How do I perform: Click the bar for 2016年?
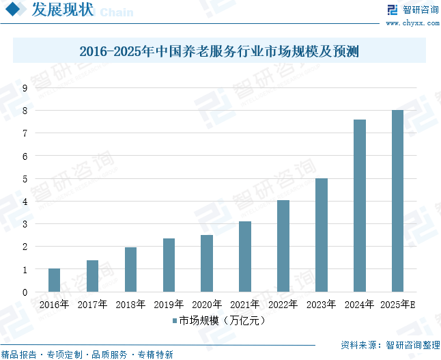click(x=54, y=280)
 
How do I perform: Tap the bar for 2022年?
click(x=283, y=246)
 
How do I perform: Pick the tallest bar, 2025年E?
click(x=397, y=201)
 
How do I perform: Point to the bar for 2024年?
click(x=359, y=206)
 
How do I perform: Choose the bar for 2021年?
click(x=245, y=257)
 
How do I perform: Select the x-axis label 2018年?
click(x=130, y=304)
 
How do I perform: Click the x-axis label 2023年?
click(x=322, y=304)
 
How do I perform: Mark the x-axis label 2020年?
click(x=207, y=304)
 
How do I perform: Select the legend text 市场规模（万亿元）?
click(x=222, y=320)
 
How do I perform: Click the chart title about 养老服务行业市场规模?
click(x=219, y=51)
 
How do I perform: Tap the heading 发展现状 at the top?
click(x=62, y=10)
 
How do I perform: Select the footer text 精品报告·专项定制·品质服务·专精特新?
click(x=87, y=355)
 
